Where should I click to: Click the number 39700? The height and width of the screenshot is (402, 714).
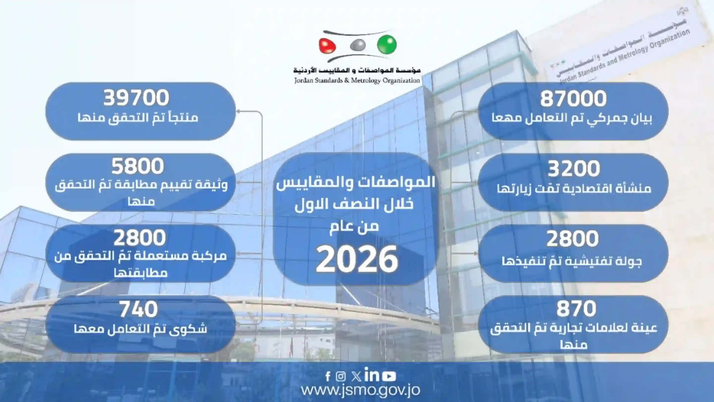[x=136, y=98]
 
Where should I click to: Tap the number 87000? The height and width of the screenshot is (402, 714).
[x=573, y=99]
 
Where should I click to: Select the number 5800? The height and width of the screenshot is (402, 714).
[x=138, y=166]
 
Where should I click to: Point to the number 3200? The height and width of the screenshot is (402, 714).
[x=573, y=168]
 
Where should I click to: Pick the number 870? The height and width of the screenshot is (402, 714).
[x=576, y=309]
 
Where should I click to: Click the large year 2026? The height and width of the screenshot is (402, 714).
[x=357, y=259]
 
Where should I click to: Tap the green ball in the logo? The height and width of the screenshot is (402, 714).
[x=387, y=45]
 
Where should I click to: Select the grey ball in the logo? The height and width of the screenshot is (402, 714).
[x=357, y=45]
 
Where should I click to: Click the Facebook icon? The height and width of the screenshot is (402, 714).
[x=328, y=376]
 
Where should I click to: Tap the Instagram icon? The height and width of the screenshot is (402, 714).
[x=341, y=376]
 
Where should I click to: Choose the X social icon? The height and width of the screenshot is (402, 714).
[x=356, y=376]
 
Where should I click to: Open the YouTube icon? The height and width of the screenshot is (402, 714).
[x=389, y=376]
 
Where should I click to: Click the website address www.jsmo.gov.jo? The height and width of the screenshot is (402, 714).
[x=361, y=390]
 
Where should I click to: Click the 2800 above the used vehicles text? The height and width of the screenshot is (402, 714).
[x=139, y=238]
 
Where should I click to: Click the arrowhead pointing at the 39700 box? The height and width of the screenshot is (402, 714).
[x=238, y=111]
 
